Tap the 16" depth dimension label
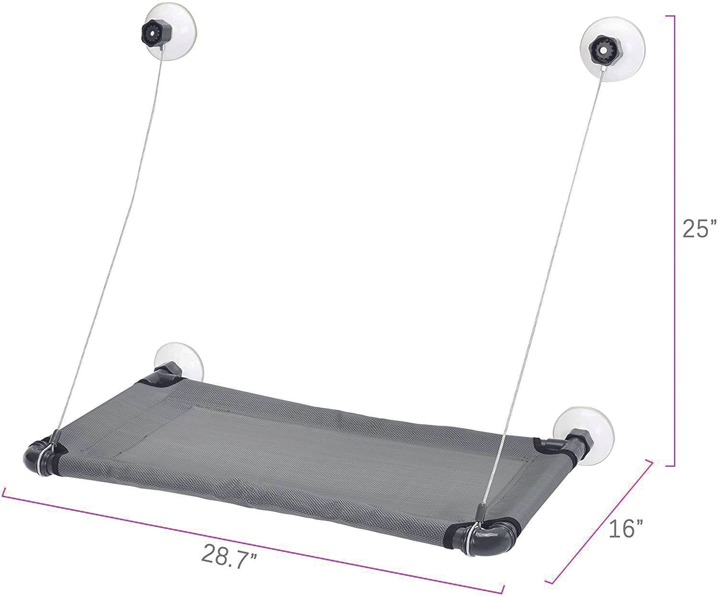pos(625,528)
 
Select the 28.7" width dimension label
pos(229,556)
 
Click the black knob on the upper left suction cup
pos(151,33)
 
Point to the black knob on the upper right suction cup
pos(605,50)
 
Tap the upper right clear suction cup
pos(612,49)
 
